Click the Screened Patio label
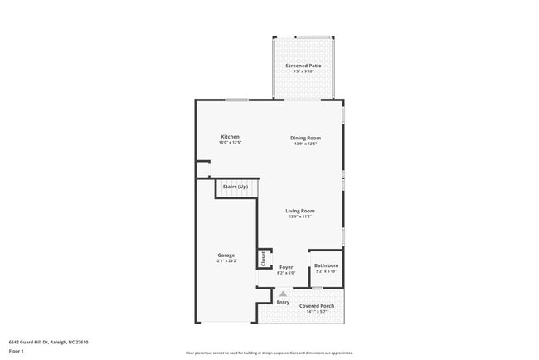click(x=303, y=65)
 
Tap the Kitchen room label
click(x=230, y=137)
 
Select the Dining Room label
click(x=305, y=138)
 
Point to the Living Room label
click(x=300, y=211)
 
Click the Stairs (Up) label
click(x=236, y=187)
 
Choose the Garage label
click(x=226, y=255)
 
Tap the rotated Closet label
click(x=265, y=259)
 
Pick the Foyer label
click(x=285, y=267)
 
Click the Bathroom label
click(x=326, y=265)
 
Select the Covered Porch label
click(x=317, y=306)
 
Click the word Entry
click(x=283, y=301)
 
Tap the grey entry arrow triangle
click(x=283, y=293)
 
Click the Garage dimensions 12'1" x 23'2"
click(x=226, y=261)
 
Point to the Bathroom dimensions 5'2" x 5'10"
click(x=326, y=271)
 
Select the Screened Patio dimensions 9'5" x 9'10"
click(x=303, y=71)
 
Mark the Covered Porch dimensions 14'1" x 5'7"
click(x=317, y=312)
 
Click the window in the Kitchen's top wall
click(x=237, y=100)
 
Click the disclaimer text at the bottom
click(x=269, y=352)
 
